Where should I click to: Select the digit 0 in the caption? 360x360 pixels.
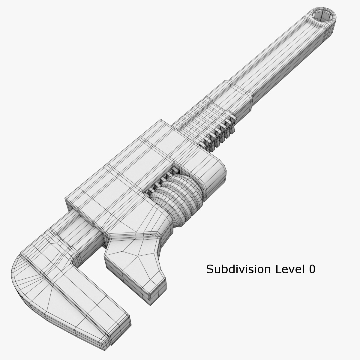(312, 269)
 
